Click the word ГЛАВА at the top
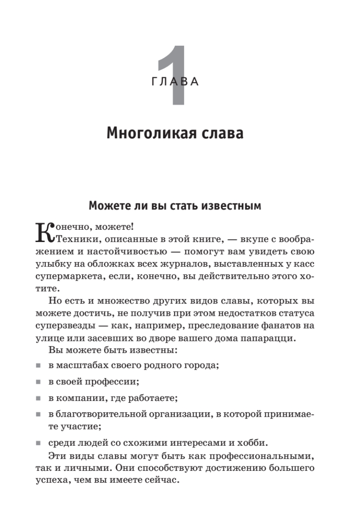point(175,82)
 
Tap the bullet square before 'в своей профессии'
point(39,383)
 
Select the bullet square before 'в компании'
point(39,399)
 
